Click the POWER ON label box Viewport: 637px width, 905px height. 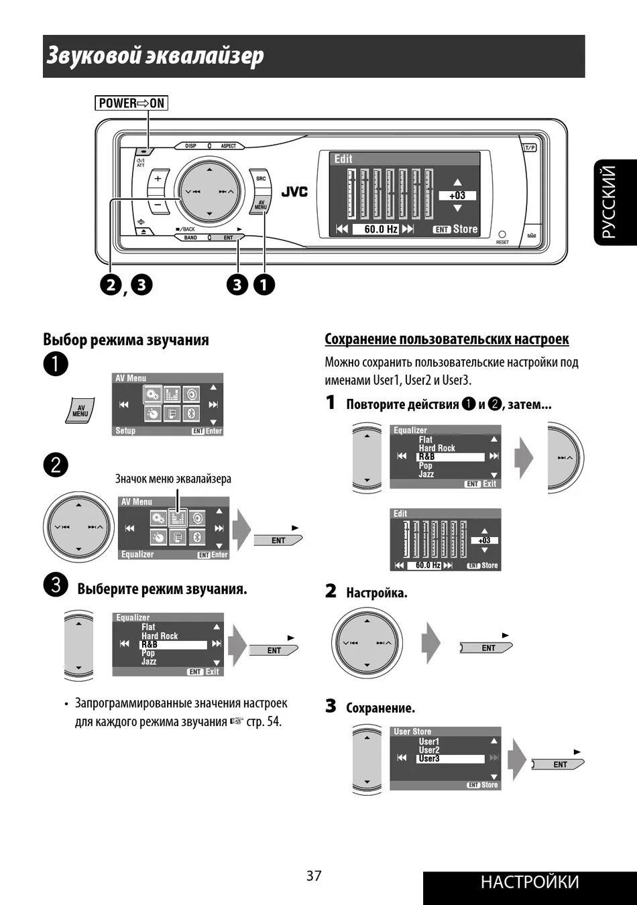tap(131, 103)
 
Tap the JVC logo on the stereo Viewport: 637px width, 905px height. tap(294, 192)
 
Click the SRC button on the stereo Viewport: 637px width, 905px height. tap(260, 179)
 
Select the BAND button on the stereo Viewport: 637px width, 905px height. tap(191, 238)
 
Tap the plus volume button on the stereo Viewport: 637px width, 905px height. tap(158, 180)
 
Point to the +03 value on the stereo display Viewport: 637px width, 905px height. tap(457, 196)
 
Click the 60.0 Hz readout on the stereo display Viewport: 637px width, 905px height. tap(380, 229)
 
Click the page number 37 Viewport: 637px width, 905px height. tap(314, 876)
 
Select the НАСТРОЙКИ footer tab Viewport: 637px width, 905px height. tap(530, 882)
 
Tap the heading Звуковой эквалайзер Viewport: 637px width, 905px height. tap(155, 56)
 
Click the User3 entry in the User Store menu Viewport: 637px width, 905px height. tap(429, 759)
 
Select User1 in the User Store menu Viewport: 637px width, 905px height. tap(429, 741)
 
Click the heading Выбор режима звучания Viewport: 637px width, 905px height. tap(126, 340)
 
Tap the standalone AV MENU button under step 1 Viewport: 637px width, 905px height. tap(80, 410)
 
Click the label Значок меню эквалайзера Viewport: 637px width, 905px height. tap(173, 479)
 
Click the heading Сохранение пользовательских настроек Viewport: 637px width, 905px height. tap(447, 339)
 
